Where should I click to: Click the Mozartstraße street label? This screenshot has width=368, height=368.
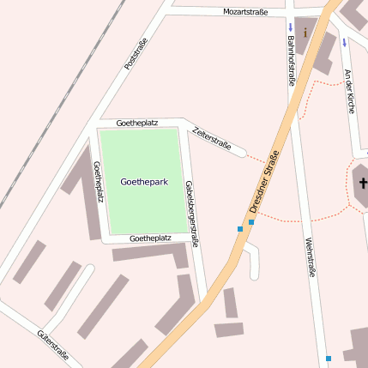pyautogui.click(x=245, y=12)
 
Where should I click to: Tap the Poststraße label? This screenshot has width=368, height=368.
pyautogui.click(x=136, y=53)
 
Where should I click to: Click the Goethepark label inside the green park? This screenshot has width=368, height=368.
pyautogui.click(x=144, y=183)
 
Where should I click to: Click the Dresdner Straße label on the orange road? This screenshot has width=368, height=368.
pyautogui.click(x=264, y=182)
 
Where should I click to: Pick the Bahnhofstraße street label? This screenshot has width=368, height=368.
pyautogui.click(x=291, y=61)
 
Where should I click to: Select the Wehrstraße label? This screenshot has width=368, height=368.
pyautogui.click(x=310, y=256)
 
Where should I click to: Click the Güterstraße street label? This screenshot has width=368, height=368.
pyautogui.click(x=53, y=346)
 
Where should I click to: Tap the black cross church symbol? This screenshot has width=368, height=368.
pyautogui.click(x=362, y=183)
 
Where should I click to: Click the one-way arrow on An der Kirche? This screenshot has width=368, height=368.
pyautogui.click(x=344, y=41)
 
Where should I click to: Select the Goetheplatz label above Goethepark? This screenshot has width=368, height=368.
pyautogui.click(x=137, y=124)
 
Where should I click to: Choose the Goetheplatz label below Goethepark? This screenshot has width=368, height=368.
pyautogui.click(x=150, y=238)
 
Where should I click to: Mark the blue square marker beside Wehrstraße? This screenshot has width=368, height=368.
pyautogui.click(x=328, y=358)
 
